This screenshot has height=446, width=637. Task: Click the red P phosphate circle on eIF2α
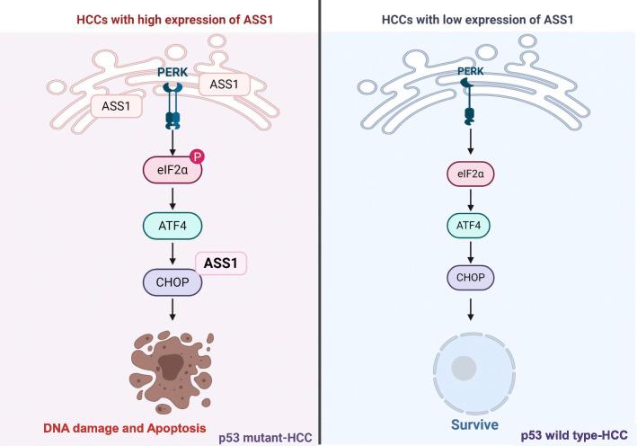[199, 155]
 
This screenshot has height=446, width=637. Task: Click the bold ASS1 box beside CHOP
[220, 264]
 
